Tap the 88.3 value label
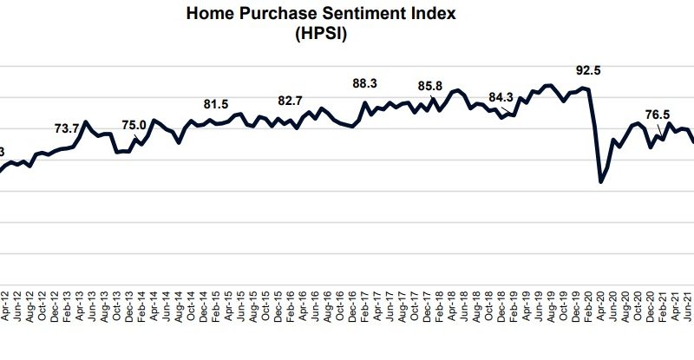coord(366,83)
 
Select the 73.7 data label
coord(68,128)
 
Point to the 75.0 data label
coord(134,124)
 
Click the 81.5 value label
coord(216,104)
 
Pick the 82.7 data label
coord(290,101)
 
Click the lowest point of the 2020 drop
coord(601,181)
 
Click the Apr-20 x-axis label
coord(599,307)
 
